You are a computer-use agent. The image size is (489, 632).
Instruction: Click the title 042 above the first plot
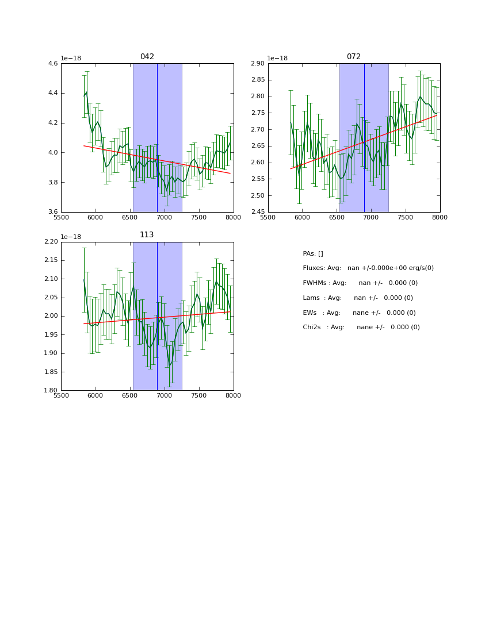(x=147, y=57)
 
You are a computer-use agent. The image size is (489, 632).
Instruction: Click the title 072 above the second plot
(x=354, y=57)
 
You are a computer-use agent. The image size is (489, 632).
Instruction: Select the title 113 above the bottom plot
(x=147, y=235)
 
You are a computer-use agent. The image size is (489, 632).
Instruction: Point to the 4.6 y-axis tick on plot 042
(x=53, y=64)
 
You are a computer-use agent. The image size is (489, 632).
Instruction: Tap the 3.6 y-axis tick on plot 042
(x=53, y=212)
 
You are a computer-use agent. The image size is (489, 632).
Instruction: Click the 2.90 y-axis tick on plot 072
(x=258, y=64)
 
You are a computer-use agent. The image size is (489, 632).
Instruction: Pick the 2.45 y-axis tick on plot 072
(x=258, y=212)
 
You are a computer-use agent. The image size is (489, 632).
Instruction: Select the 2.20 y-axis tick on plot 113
(x=51, y=242)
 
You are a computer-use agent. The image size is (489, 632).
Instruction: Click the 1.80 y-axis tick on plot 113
(x=51, y=391)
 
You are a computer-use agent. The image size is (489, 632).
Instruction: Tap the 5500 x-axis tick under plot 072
(x=268, y=218)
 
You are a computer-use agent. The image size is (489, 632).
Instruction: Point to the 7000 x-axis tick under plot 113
(x=165, y=396)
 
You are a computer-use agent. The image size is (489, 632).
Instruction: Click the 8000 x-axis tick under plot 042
(x=233, y=218)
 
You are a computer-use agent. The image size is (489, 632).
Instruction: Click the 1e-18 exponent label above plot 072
(x=278, y=59)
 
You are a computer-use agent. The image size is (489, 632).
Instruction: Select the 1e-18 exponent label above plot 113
(x=71, y=237)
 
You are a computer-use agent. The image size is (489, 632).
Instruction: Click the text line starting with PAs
(x=313, y=254)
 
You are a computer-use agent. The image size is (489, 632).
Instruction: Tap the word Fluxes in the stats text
(x=314, y=268)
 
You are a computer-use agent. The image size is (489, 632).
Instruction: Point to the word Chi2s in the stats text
(x=314, y=327)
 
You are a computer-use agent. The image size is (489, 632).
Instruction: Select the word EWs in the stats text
(x=311, y=313)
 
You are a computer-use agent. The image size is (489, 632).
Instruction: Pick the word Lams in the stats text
(x=312, y=298)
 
